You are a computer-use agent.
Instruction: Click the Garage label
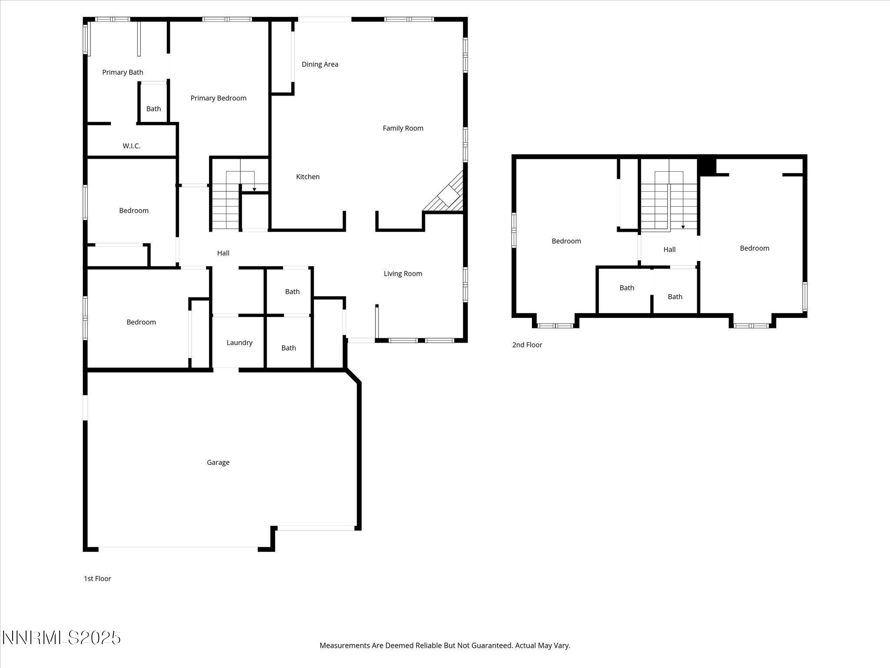[218, 462]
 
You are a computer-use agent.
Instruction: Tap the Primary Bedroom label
[218, 98]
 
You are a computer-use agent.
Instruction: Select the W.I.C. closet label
[131, 146]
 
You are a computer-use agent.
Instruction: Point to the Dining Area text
[320, 64]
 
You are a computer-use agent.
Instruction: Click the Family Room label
[403, 128]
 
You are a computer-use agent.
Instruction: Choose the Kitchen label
[308, 177]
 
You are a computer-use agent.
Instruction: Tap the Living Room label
[403, 274]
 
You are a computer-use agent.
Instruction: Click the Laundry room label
[239, 343]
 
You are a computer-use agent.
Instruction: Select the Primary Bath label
[123, 72]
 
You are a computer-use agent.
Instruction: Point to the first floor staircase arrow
[254, 189]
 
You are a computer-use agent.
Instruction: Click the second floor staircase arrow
[683, 227]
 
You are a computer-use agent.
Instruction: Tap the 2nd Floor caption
[527, 345]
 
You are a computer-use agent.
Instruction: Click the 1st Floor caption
[97, 578]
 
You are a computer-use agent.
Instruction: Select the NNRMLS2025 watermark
[62, 638]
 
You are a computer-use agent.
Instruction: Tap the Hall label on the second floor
[669, 250]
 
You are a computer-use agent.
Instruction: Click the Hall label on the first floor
[223, 253]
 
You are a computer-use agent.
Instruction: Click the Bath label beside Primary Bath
[153, 109]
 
